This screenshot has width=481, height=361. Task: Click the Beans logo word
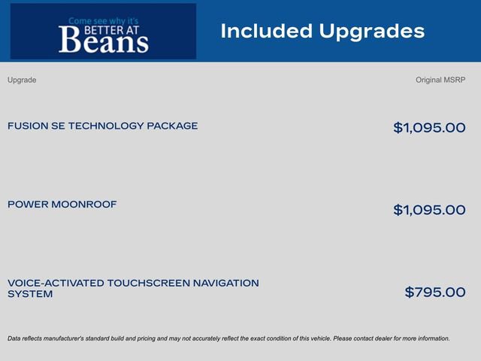coord(103,41)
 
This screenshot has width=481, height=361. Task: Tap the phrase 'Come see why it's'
coord(104,21)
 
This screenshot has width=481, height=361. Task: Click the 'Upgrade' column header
coord(22,80)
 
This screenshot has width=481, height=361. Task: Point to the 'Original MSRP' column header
coord(440,80)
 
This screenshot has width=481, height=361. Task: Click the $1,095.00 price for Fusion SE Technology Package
coord(429,128)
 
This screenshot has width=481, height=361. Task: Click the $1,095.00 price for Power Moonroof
coord(429,210)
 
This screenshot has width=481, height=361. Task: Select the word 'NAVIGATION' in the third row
coord(225,283)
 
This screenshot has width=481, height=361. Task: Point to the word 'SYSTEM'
coord(30,294)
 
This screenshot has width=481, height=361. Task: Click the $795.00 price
coord(435,292)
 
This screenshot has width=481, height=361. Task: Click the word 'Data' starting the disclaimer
coord(14,338)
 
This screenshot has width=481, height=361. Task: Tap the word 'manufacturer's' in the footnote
coord(71,338)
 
